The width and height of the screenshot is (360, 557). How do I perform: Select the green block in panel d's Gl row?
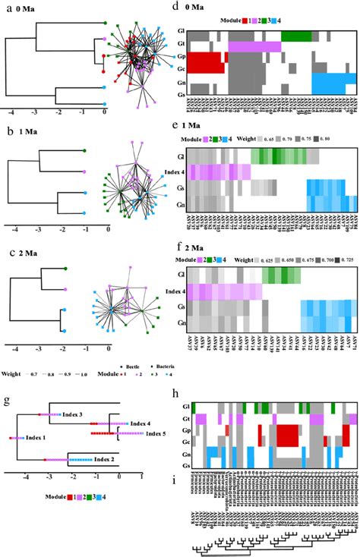(x=296, y=36)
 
